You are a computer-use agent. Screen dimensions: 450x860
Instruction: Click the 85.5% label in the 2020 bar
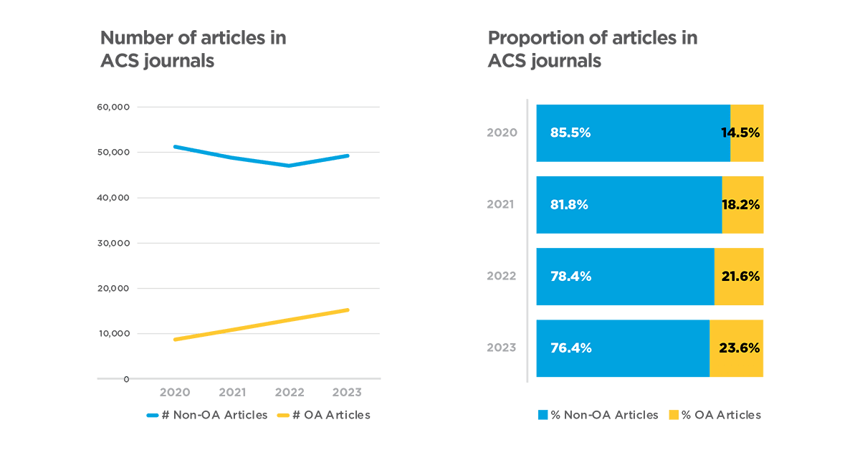[570, 133]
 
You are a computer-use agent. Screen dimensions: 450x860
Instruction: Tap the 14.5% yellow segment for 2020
[747, 133]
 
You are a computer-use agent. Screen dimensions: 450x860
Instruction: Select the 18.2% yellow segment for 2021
[742, 205]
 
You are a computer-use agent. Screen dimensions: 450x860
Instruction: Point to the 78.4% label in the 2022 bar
[570, 277]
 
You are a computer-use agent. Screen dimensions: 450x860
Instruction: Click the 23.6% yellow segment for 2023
[737, 348]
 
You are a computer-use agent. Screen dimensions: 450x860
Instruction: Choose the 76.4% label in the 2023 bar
[570, 348]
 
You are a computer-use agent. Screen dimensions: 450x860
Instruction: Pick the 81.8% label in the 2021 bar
[569, 205]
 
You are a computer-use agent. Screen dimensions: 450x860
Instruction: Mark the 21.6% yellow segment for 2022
[739, 277]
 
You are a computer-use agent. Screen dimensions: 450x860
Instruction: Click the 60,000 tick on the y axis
[113, 107]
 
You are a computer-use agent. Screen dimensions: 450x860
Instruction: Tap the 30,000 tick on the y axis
[113, 243]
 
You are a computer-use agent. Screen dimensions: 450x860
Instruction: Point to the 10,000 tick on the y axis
[113, 333]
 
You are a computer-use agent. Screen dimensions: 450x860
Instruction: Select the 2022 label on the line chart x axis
[290, 393]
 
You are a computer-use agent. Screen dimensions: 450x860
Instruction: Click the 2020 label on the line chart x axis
[174, 393]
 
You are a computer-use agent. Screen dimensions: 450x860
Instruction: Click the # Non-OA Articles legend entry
[207, 415]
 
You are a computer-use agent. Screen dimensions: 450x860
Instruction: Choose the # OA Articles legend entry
[323, 415]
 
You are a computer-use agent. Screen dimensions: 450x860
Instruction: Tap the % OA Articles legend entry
[715, 415]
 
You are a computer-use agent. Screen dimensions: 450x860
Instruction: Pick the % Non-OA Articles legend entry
[598, 415]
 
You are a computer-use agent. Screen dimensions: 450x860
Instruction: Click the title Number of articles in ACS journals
[193, 49]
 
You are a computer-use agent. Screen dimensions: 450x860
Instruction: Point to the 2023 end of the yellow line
[348, 310]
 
